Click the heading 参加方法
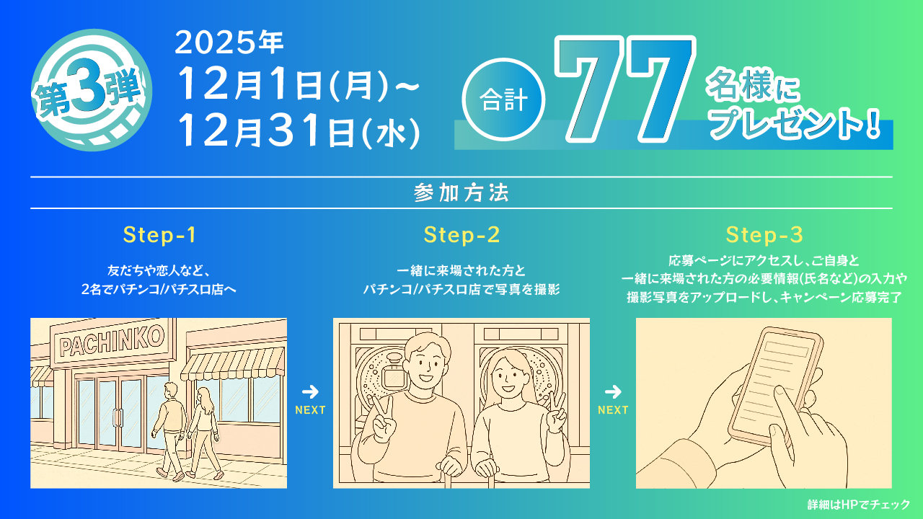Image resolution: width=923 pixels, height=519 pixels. tap(461, 192)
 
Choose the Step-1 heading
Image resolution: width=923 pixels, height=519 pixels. tap(159, 235)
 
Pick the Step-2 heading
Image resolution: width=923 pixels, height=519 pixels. tap(461, 235)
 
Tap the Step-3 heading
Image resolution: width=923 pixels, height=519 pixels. tap(764, 235)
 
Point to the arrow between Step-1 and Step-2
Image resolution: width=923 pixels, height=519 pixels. tap(310, 392)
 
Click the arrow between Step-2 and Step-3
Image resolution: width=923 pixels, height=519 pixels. tap(613, 392)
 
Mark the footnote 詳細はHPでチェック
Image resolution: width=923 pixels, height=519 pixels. tap(858, 505)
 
